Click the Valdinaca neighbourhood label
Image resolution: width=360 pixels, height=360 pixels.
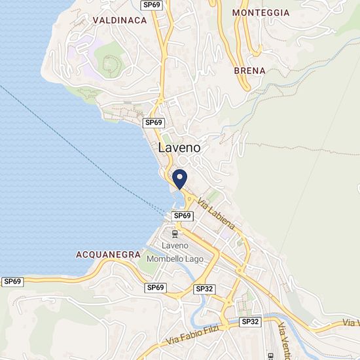coord(119,20)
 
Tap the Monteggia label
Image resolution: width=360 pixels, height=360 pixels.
coord(261,12)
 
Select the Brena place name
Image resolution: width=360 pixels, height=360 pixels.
coord(249,70)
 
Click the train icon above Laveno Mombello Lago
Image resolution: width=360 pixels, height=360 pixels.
coord(175,233)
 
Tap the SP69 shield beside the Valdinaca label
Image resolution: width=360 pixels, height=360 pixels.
coord(153,5)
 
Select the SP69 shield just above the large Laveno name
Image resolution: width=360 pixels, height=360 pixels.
coord(153,122)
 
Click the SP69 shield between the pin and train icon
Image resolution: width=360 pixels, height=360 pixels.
coord(182,216)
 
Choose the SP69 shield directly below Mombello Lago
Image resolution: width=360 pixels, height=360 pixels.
coord(155,287)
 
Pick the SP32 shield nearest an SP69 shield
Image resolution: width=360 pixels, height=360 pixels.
coord(204,288)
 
